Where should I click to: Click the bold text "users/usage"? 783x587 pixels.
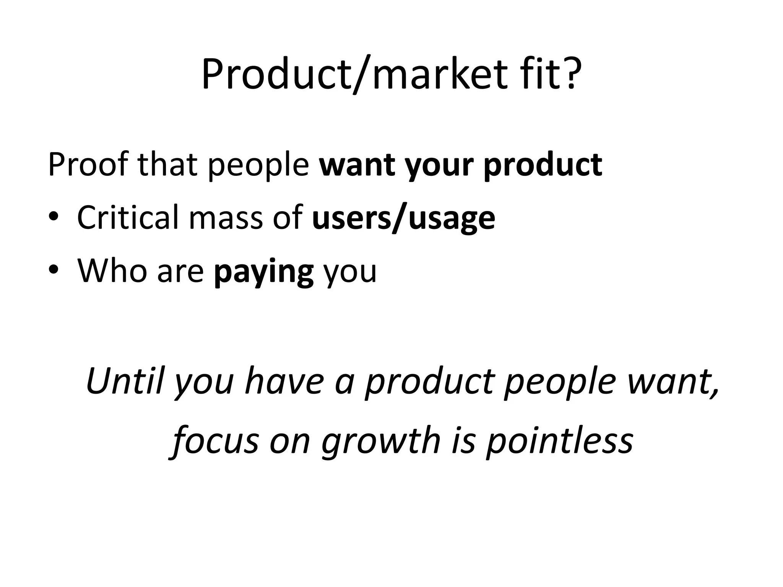click(x=404, y=218)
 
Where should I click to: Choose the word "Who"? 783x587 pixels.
click(x=112, y=270)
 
